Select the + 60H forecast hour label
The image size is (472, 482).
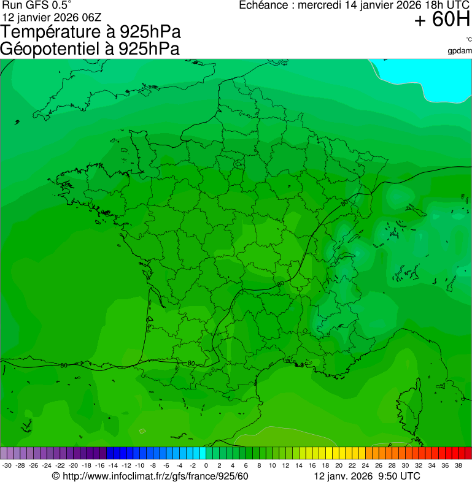pos(442,20)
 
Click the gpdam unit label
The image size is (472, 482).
pos(460,51)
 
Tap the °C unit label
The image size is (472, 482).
pos(468,39)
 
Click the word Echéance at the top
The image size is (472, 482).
pos(263,5)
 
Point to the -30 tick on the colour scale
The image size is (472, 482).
pos(7,465)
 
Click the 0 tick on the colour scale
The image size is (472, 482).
pos(206,465)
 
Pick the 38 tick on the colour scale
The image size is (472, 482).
pos(458,465)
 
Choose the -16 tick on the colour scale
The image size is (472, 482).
pos(100,465)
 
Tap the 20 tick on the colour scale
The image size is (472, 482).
pos(339,465)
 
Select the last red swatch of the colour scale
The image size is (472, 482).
pos(468,453)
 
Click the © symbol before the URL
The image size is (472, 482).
pos(55,476)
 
